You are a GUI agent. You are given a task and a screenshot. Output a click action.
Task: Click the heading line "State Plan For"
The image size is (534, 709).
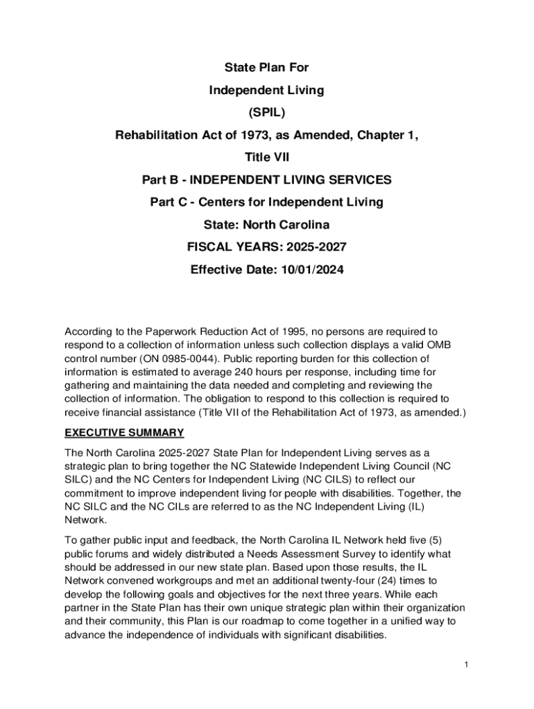pos(266,68)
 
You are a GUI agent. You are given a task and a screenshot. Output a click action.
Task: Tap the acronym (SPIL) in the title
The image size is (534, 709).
pos(266,112)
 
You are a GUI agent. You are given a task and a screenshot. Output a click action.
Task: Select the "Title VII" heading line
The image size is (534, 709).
pos(266,157)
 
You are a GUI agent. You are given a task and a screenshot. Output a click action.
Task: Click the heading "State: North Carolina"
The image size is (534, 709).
pos(266,225)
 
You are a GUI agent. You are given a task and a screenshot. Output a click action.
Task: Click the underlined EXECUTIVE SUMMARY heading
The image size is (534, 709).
pos(124,433)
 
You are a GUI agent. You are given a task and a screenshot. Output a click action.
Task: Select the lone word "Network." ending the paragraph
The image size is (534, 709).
pos(86,520)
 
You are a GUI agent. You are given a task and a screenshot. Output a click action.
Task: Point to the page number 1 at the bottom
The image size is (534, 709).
pos(467,665)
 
